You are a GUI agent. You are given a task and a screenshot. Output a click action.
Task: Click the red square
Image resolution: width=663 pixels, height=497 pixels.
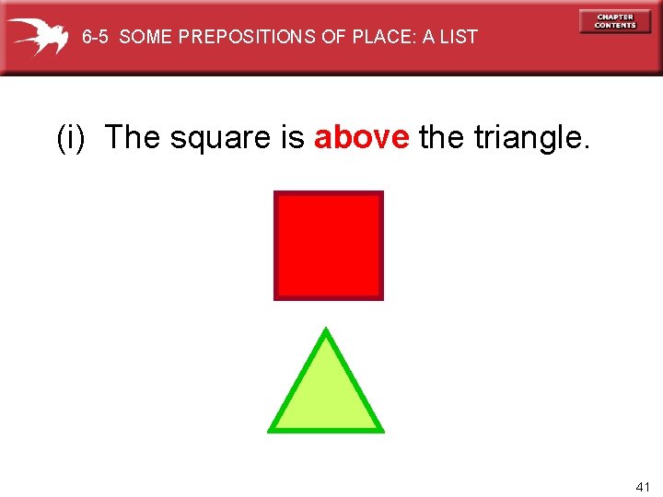(329, 245)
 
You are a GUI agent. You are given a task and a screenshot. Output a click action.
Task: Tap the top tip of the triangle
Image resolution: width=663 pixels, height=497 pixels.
(326, 329)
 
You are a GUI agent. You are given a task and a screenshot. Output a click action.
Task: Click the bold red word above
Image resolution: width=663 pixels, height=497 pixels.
(362, 137)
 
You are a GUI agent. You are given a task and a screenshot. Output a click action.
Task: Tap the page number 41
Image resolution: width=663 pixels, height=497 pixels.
(643, 486)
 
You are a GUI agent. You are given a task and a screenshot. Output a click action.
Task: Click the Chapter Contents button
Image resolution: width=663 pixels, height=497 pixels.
(614, 21)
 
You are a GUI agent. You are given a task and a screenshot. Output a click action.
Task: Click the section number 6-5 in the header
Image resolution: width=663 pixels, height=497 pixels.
(97, 37)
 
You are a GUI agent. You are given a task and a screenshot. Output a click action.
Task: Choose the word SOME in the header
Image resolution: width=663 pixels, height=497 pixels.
(145, 37)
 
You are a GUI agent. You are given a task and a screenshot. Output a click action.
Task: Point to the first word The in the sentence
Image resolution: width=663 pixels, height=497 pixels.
(133, 137)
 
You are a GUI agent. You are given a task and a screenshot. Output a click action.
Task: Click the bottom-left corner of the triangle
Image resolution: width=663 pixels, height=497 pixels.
(270, 430)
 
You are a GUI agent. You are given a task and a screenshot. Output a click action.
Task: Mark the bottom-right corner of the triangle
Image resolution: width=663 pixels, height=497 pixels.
(381, 430)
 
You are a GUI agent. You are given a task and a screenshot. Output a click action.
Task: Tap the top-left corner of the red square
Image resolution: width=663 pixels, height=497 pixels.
(276, 193)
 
